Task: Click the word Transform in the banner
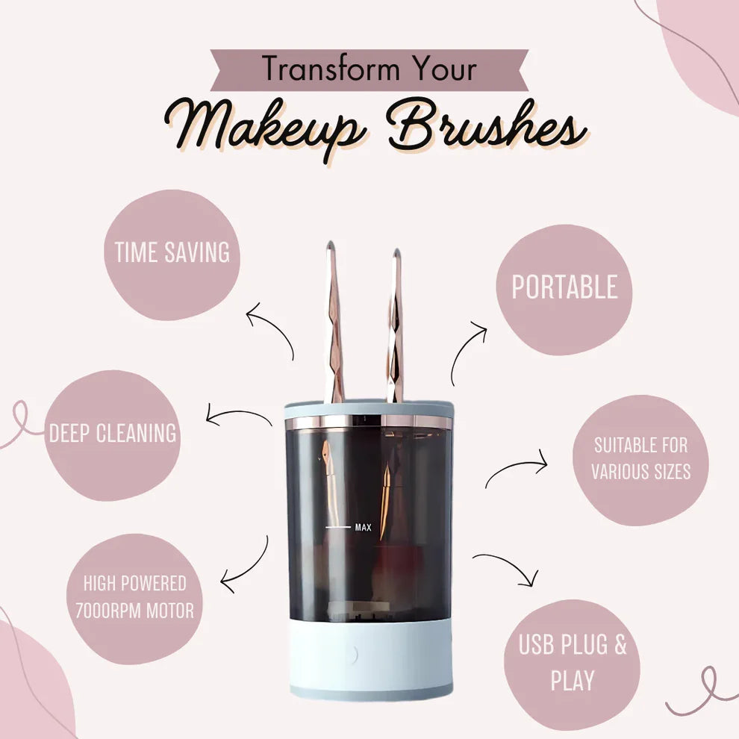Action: point(331,69)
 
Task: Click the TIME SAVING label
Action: point(172,252)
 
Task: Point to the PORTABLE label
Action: point(564,287)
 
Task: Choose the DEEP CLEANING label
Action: point(113,433)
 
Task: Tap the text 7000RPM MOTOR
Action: point(134,611)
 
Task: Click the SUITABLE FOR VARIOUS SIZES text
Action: point(641,458)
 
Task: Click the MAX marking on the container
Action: point(363,528)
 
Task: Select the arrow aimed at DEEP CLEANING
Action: point(238,413)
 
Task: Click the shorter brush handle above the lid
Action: point(395,326)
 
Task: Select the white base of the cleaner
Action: point(370,658)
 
